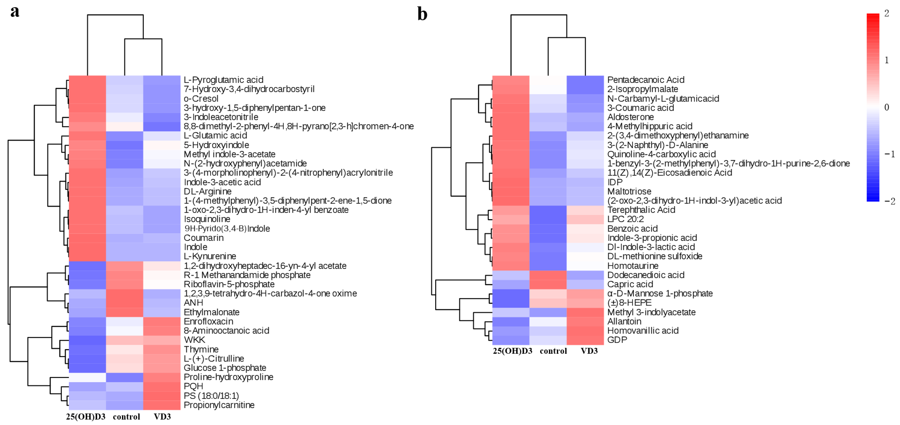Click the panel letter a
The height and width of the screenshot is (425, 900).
[15, 12]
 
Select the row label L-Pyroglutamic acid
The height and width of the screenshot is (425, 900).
[223, 80]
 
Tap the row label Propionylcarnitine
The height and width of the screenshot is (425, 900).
[219, 405]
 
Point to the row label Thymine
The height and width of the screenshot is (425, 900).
[201, 349]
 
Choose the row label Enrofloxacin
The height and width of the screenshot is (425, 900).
[208, 321]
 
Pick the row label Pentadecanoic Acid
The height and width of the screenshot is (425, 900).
[646, 80]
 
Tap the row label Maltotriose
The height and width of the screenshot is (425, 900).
[629, 191]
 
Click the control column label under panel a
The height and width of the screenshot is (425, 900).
[126, 417]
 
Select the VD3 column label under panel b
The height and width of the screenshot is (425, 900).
[589, 351]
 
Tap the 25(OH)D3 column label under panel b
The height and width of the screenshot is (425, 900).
[512, 351]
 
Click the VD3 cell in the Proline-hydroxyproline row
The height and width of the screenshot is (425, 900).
[162, 377]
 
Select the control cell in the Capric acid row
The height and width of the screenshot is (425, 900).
[548, 284]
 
